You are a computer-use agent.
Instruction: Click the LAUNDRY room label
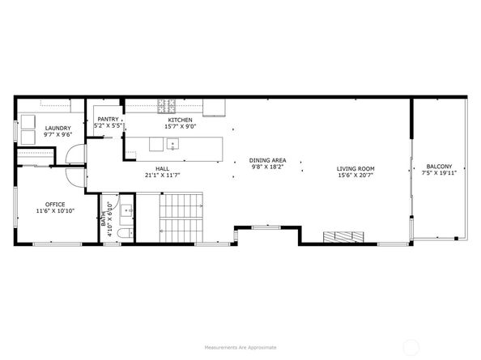click(58, 128)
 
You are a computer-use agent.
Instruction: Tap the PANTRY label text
click(108, 119)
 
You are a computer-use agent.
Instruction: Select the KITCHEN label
click(180, 120)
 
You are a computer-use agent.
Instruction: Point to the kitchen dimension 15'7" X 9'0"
click(181, 126)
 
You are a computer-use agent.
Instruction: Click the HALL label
click(162, 169)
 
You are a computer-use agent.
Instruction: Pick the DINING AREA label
click(267, 160)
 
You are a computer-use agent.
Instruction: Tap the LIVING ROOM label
click(355, 169)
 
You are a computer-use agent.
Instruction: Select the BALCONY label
click(439, 167)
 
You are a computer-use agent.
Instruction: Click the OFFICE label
click(55, 205)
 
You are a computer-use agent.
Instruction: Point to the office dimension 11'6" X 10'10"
click(55, 211)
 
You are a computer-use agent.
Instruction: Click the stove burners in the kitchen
click(167, 106)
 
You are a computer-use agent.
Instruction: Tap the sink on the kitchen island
click(172, 144)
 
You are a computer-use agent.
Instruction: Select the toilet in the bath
click(126, 233)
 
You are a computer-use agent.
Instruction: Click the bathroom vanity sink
click(126, 210)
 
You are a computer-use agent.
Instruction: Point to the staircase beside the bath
click(181, 218)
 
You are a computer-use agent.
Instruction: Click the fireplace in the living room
click(343, 237)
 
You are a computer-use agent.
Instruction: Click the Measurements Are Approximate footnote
click(240, 347)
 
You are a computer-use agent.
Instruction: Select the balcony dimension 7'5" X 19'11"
click(439, 173)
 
